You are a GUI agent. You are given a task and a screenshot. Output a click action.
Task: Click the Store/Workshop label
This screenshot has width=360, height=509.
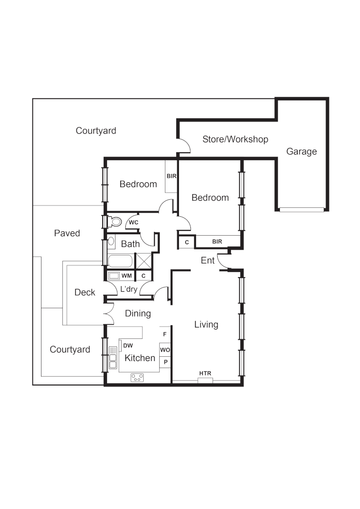click(x=235, y=139)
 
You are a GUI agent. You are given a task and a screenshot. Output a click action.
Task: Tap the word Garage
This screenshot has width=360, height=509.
click(x=301, y=151)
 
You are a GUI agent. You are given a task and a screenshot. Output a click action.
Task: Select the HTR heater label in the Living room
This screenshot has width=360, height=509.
click(x=205, y=373)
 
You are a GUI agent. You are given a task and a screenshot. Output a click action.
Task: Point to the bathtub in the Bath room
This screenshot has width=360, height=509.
click(x=121, y=261)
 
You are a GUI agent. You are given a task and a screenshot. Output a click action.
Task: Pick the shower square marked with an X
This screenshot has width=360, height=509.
click(x=143, y=261)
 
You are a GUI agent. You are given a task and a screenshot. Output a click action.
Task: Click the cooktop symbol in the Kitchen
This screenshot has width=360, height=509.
click(x=138, y=377)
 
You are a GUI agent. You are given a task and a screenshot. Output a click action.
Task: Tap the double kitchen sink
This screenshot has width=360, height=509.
click(x=113, y=357)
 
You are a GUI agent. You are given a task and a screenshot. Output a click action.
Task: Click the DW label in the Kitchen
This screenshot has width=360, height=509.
click(x=128, y=345)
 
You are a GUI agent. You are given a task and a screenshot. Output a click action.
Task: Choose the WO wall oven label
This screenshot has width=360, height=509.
click(x=165, y=350)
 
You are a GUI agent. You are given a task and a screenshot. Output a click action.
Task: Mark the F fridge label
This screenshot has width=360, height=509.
click(x=165, y=334)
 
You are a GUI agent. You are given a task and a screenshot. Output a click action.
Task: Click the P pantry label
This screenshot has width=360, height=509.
click(x=165, y=362)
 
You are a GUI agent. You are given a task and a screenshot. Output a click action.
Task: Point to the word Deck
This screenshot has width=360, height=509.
click(x=85, y=292)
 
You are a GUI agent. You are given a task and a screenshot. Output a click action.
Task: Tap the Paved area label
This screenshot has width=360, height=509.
click(x=67, y=233)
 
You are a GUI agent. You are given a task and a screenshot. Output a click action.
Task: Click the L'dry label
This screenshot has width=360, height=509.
click(x=129, y=289)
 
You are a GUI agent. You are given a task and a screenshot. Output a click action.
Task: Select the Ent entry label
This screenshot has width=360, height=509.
click(x=208, y=260)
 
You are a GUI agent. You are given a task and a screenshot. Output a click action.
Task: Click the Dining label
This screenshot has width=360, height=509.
click(x=138, y=313)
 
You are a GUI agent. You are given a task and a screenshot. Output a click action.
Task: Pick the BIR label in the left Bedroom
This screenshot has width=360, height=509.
click(x=171, y=176)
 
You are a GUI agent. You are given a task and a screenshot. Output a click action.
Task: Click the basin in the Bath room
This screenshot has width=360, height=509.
click(x=111, y=242)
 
